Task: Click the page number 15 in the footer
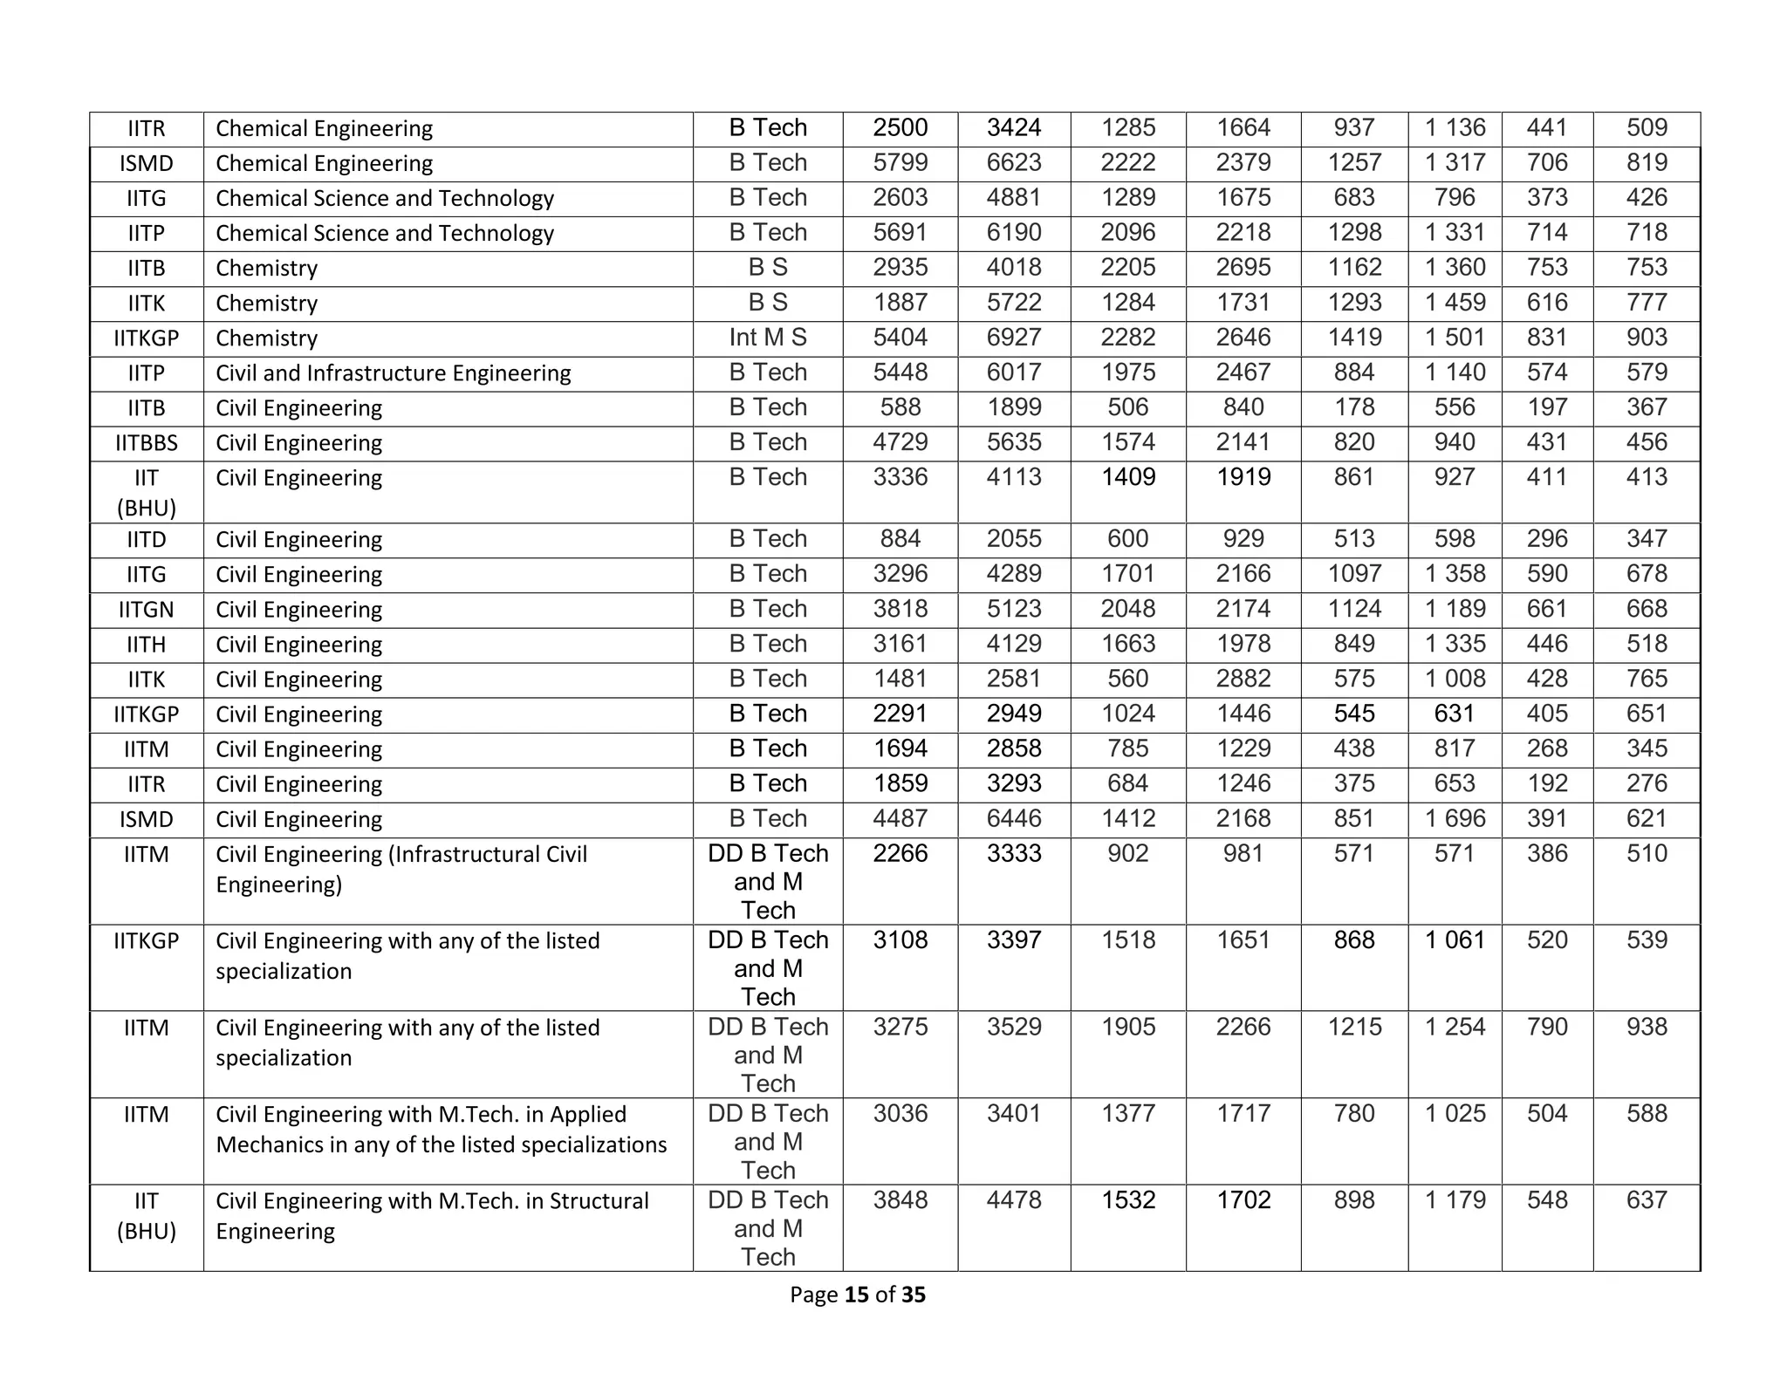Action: pos(856,1295)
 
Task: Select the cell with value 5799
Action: pos(900,163)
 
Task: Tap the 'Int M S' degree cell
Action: pos(767,338)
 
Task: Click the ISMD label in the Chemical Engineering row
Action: pos(147,164)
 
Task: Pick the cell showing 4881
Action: pos(1013,198)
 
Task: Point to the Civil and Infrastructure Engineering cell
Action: pos(393,373)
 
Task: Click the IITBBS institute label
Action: pos(147,443)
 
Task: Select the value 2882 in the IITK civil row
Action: pos(1243,679)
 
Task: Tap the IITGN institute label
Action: pos(147,610)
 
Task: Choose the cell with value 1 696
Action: pos(1454,819)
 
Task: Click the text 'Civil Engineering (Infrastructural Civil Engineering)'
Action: pos(401,869)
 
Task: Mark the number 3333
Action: pos(1013,853)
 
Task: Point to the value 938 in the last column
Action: pos(1646,1027)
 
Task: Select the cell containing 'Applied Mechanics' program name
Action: pos(441,1129)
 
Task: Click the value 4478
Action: pos(1013,1200)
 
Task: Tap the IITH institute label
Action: pos(147,645)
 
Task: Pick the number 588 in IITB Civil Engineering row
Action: pos(900,407)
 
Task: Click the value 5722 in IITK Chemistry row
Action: pos(1013,303)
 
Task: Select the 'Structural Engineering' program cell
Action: pos(432,1215)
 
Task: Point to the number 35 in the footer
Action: pos(913,1295)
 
